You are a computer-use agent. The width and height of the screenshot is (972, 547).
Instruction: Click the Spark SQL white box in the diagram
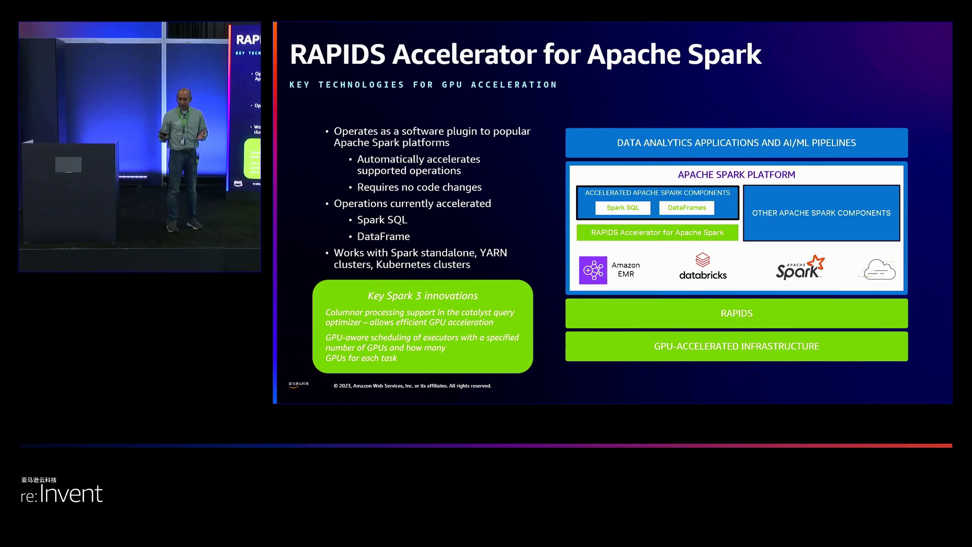pyautogui.click(x=623, y=208)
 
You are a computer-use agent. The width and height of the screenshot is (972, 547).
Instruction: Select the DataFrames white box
pyautogui.click(x=686, y=208)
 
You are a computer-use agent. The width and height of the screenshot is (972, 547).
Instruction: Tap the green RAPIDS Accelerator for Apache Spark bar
pyautogui.click(x=657, y=232)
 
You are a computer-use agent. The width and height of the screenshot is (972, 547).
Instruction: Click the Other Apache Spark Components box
pyautogui.click(x=821, y=213)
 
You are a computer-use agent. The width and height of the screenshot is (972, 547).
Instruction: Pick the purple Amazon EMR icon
pyautogui.click(x=593, y=270)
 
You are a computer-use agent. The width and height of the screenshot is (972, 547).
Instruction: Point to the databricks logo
pyautogui.click(x=703, y=267)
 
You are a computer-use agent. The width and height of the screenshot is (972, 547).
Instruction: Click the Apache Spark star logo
pyautogui.click(x=800, y=267)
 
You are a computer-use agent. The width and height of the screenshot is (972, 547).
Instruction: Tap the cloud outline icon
pyautogui.click(x=879, y=269)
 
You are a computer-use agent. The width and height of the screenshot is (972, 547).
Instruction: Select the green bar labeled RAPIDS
pyautogui.click(x=736, y=314)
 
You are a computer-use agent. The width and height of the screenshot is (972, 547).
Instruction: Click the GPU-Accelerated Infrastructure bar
pyautogui.click(x=736, y=346)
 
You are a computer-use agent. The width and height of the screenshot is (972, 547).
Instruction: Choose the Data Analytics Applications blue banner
pyautogui.click(x=736, y=143)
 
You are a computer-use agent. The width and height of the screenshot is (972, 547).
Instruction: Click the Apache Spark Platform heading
pyautogui.click(x=736, y=175)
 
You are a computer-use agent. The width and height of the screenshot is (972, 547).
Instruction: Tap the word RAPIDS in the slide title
pyautogui.click(x=337, y=54)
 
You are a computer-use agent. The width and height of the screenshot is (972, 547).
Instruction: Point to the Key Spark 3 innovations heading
pyautogui.click(x=423, y=296)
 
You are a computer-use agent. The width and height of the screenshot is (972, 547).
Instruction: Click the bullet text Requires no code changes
pyautogui.click(x=419, y=187)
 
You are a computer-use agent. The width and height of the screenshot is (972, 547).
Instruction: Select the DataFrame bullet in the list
pyautogui.click(x=383, y=237)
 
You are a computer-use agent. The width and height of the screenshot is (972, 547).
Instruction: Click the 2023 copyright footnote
pyautogui.click(x=412, y=386)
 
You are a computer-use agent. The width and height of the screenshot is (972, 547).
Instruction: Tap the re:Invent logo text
pyautogui.click(x=62, y=494)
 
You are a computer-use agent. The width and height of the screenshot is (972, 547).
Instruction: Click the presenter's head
pyautogui.click(x=184, y=97)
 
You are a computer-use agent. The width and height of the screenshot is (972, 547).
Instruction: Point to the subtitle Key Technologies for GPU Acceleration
pyautogui.click(x=423, y=85)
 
